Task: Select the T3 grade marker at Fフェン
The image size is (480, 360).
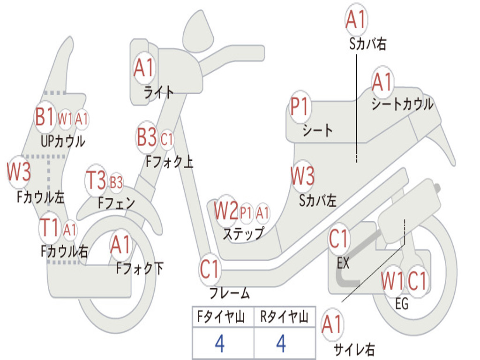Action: (x=96, y=181)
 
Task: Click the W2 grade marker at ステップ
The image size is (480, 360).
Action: (x=226, y=211)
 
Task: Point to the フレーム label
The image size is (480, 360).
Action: (x=230, y=294)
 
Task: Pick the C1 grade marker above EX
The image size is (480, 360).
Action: (x=339, y=240)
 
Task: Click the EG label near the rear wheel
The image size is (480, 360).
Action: (x=402, y=304)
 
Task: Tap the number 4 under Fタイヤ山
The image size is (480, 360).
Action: (x=219, y=344)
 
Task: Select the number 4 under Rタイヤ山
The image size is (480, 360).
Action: (x=281, y=344)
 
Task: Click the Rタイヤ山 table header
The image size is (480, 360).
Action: (x=284, y=318)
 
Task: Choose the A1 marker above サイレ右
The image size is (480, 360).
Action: (x=332, y=325)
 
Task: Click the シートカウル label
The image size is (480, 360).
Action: (x=402, y=104)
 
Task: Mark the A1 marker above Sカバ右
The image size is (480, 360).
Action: (x=356, y=20)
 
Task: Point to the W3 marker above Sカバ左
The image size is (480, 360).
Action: (x=302, y=177)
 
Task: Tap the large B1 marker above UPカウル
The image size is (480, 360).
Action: (x=45, y=117)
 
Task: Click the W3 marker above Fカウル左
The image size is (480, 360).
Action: (x=19, y=172)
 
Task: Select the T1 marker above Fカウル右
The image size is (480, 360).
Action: (x=50, y=228)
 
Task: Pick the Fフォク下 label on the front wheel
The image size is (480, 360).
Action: (x=140, y=268)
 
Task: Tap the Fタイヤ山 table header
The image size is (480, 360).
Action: (x=222, y=318)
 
